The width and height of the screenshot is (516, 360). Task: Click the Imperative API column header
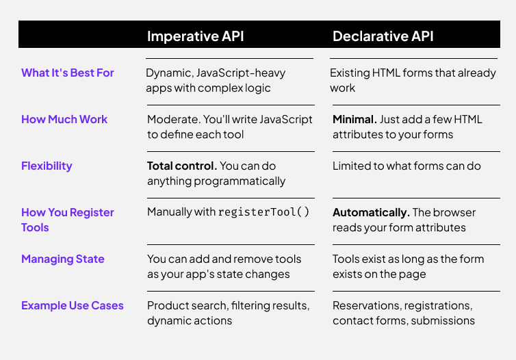click(x=195, y=36)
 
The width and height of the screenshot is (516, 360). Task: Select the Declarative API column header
click(x=383, y=36)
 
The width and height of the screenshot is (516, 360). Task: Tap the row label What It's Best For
click(x=68, y=73)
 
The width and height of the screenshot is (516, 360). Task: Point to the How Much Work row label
click(x=64, y=119)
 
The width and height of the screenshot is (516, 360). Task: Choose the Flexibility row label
click(x=47, y=166)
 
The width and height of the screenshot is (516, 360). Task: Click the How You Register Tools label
click(x=68, y=220)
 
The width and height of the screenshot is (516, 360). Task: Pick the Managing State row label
click(x=63, y=259)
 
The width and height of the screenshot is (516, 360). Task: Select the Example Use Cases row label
click(x=73, y=306)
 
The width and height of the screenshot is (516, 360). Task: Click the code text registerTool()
click(x=263, y=212)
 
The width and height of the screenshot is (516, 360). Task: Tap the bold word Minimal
click(x=354, y=119)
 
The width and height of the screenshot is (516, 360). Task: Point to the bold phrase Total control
click(x=182, y=166)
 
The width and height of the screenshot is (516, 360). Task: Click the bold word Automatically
click(x=371, y=213)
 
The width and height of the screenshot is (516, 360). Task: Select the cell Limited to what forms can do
click(x=407, y=166)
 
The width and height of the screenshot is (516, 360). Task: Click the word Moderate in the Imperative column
click(x=173, y=119)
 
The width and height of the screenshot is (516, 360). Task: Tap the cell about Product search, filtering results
click(x=229, y=313)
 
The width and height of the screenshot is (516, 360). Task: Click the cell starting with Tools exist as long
click(x=409, y=266)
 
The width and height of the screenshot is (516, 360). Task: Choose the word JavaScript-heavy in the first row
click(x=241, y=73)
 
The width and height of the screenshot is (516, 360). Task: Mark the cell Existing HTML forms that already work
click(x=413, y=80)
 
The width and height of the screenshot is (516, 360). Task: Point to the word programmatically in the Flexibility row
click(x=240, y=181)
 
